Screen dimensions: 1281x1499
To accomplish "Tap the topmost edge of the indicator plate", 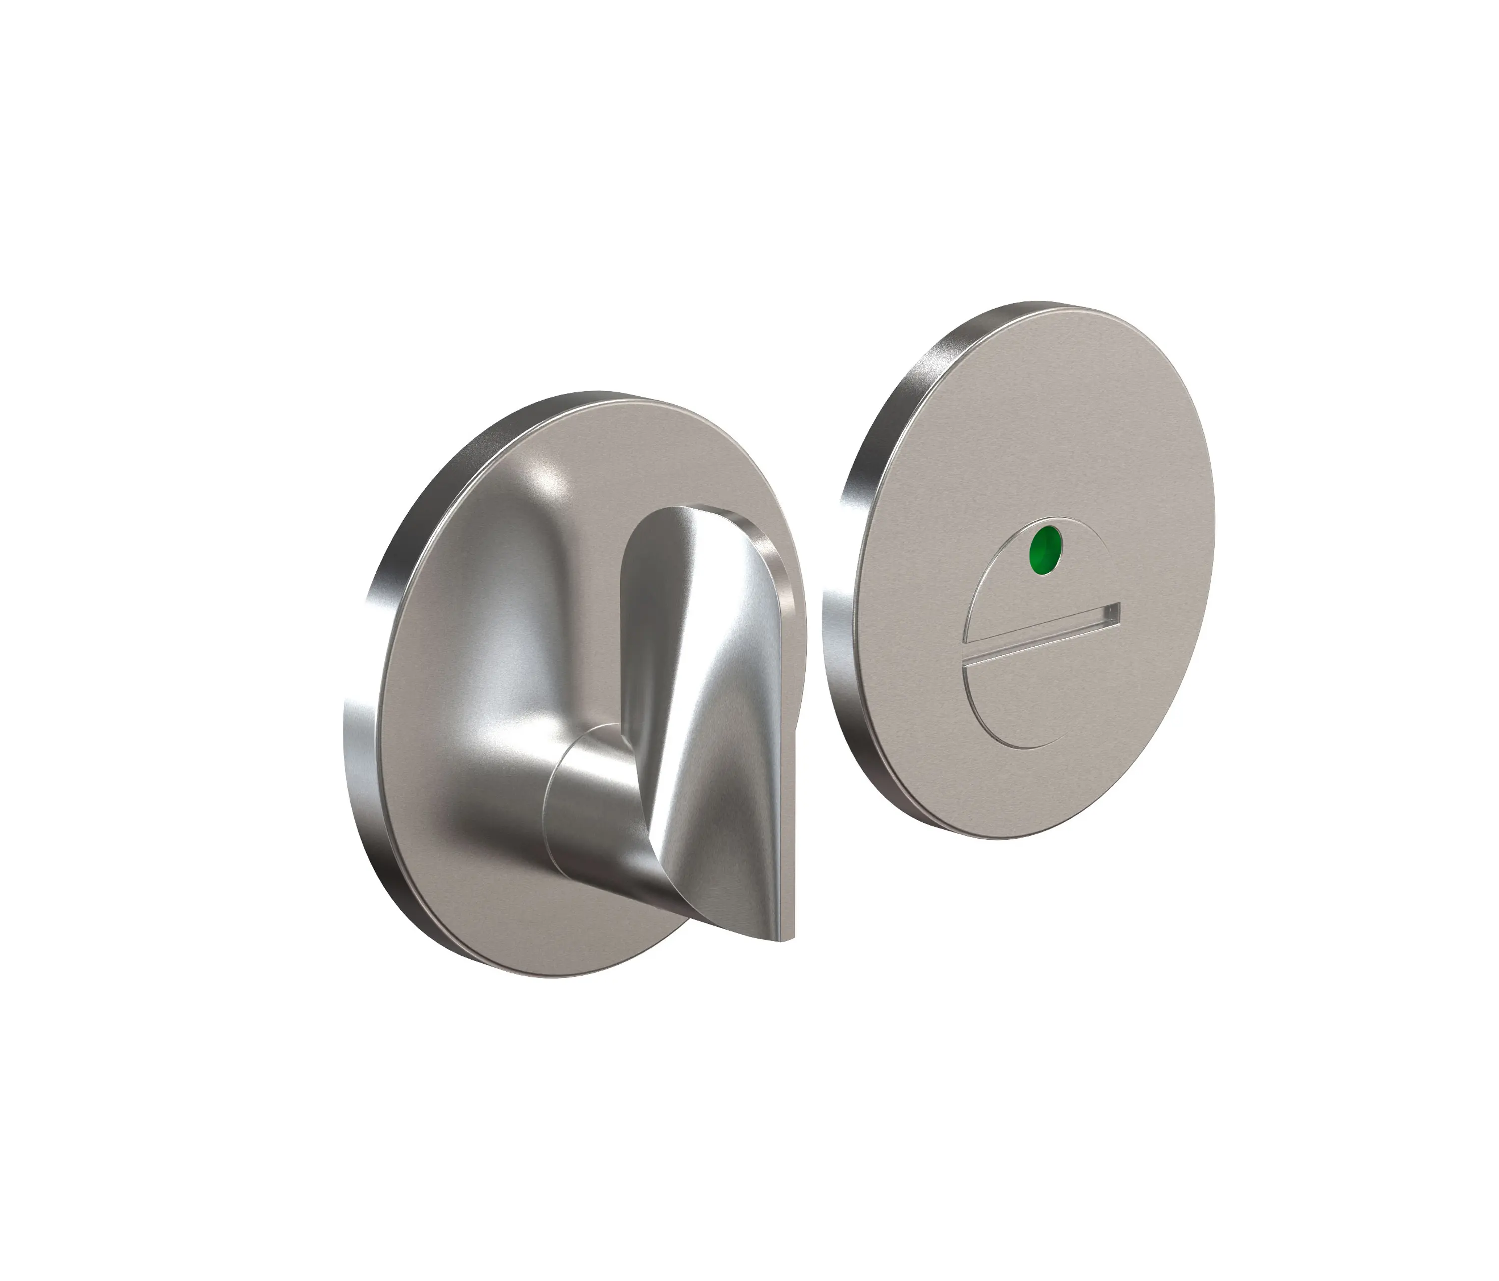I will [x=1071, y=306].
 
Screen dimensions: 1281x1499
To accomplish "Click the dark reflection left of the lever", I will [x=507, y=615].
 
